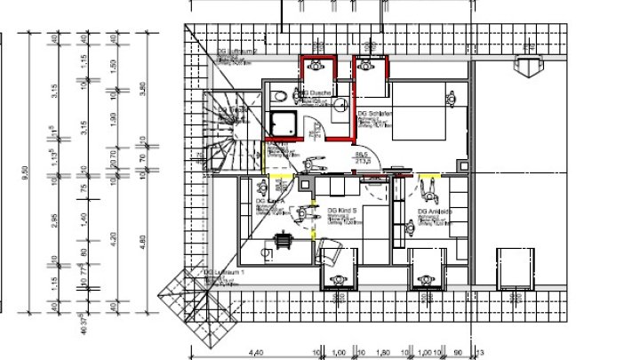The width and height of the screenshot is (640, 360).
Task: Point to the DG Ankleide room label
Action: [x=436, y=212]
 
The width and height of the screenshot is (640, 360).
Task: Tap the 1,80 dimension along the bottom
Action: [x=381, y=352]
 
